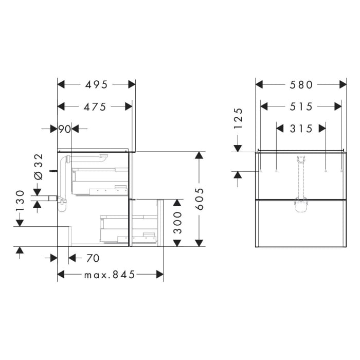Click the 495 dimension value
click(96, 84)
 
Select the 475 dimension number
click(96, 106)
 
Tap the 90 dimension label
click(64, 129)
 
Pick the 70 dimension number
click(93, 257)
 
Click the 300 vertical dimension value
click(177, 223)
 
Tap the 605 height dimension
click(200, 199)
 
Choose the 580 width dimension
click(301, 84)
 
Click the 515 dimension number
click(301, 106)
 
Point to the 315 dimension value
click(301, 129)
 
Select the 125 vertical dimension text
click(238, 118)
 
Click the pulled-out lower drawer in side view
click(147, 223)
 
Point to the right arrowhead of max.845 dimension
click(159, 275)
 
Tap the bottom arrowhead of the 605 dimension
click(200, 242)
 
